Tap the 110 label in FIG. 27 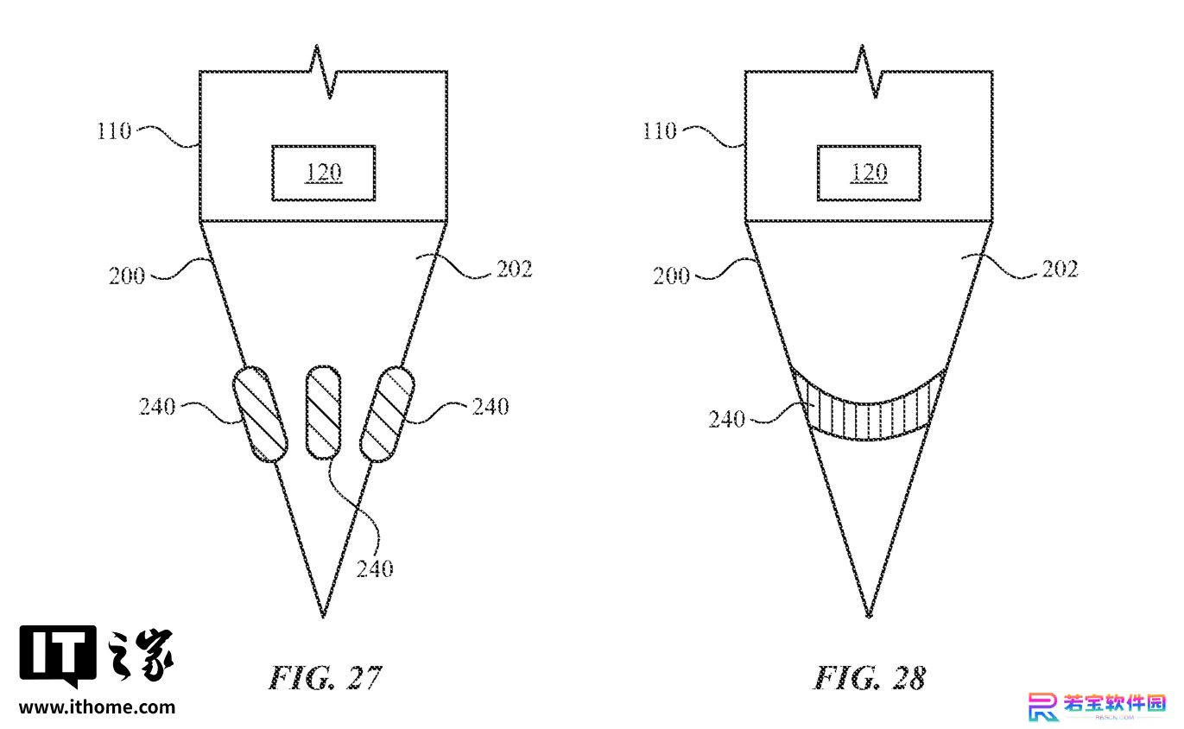pyautogui.click(x=114, y=130)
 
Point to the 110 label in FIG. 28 pyautogui.click(x=659, y=130)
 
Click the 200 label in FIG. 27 pyautogui.click(x=127, y=276)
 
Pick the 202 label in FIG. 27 pyautogui.click(x=515, y=269)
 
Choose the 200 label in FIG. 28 pyautogui.click(x=671, y=276)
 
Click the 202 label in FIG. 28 pyautogui.click(x=1060, y=269)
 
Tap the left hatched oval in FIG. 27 pyautogui.click(x=260, y=414)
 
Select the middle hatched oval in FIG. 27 pyautogui.click(x=324, y=412)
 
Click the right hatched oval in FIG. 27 pyautogui.click(x=387, y=414)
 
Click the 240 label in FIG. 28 pyautogui.click(x=727, y=420)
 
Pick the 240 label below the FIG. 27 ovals pyautogui.click(x=375, y=569)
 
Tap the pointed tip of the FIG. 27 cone pyautogui.click(x=323, y=617)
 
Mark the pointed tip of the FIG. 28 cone pyautogui.click(x=869, y=617)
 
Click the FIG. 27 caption pyautogui.click(x=325, y=678)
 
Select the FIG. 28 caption pyautogui.click(x=870, y=678)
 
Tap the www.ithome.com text pyautogui.click(x=97, y=707)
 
